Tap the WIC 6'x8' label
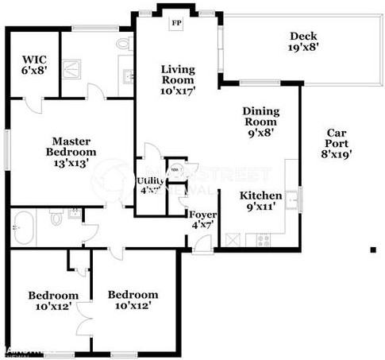tap(33, 64)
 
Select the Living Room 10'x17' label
tap(178, 79)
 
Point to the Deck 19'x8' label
tap(303, 41)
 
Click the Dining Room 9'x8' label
tap(260, 122)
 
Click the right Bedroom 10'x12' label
tap(129, 300)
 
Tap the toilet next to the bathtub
tap(56, 215)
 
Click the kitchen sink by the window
tap(292, 199)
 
